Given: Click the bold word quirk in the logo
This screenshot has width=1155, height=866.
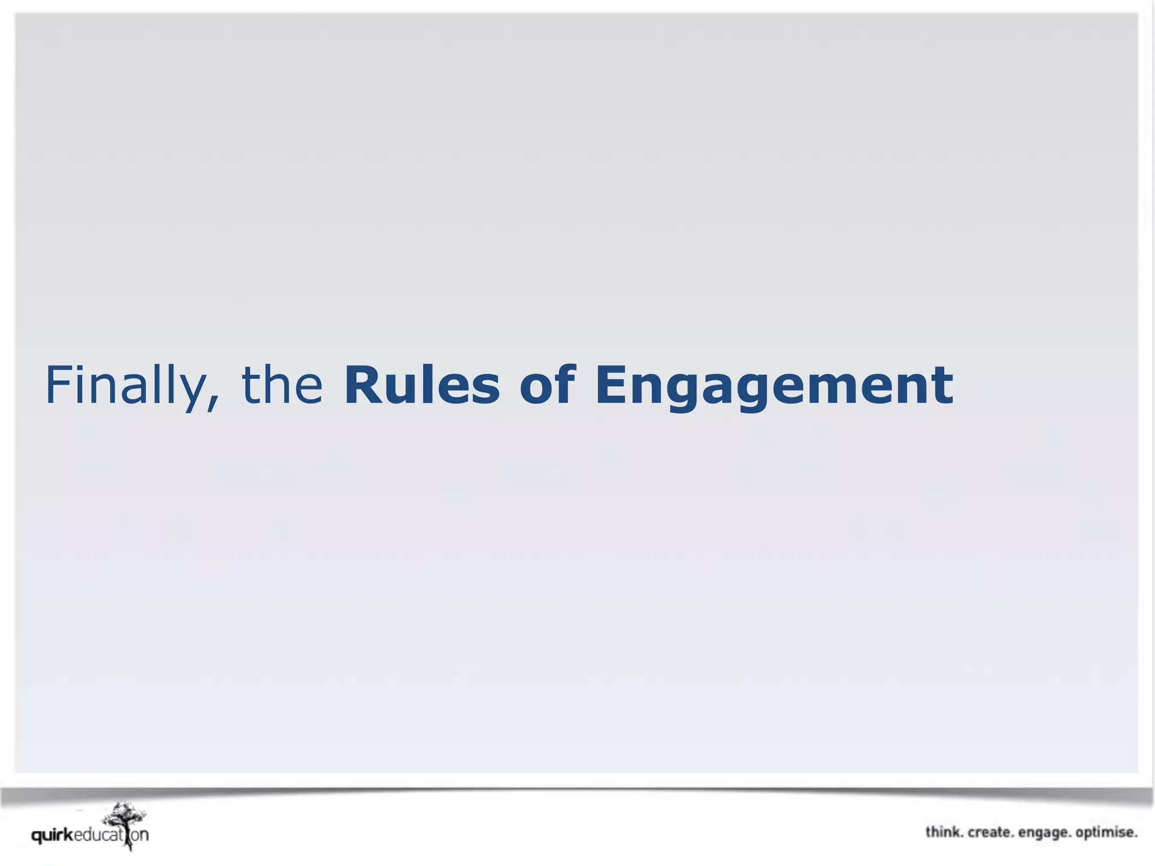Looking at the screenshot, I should coord(52,836).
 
